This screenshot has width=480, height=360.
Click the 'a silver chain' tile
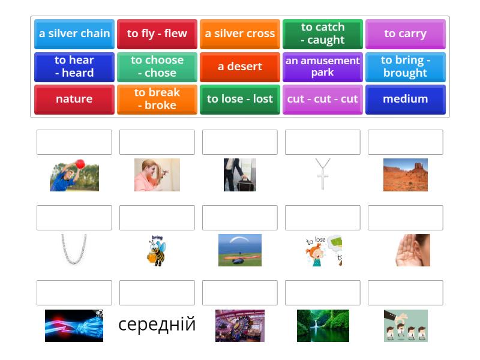click(x=74, y=34)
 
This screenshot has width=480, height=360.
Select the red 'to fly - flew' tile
click(x=157, y=34)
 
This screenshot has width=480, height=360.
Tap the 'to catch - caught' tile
click(x=323, y=34)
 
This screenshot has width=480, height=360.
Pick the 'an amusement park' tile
click(x=323, y=67)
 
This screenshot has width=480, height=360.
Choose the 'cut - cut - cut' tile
click(x=323, y=100)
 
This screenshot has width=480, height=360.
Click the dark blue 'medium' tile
click(x=406, y=100)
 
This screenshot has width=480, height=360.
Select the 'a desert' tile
click(x=240, y=67)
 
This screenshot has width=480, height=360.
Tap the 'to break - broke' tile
click(x=157, y=100)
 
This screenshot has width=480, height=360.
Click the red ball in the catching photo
click(x=80, y=164)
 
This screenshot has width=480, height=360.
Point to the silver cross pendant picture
click(x=323, y=174)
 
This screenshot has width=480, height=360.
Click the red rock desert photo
click(x=406, y=175)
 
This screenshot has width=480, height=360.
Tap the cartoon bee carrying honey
click(x=157, y=251)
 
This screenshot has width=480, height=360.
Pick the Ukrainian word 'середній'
click(x=157, y=325)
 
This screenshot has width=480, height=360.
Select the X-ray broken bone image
click(x=74, y=326)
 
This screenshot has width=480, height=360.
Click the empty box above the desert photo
click(x=406, y=142)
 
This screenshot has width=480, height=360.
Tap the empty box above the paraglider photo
click(x=240, y=218)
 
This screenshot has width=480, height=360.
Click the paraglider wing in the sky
click(x=239, y=239)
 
